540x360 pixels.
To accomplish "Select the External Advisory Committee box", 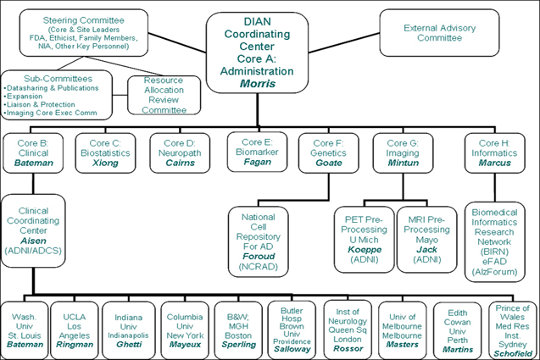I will coord(432,31).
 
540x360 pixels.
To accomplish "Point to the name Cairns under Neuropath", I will coord(180,162).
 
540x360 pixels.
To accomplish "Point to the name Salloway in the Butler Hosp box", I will coord(292,349).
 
